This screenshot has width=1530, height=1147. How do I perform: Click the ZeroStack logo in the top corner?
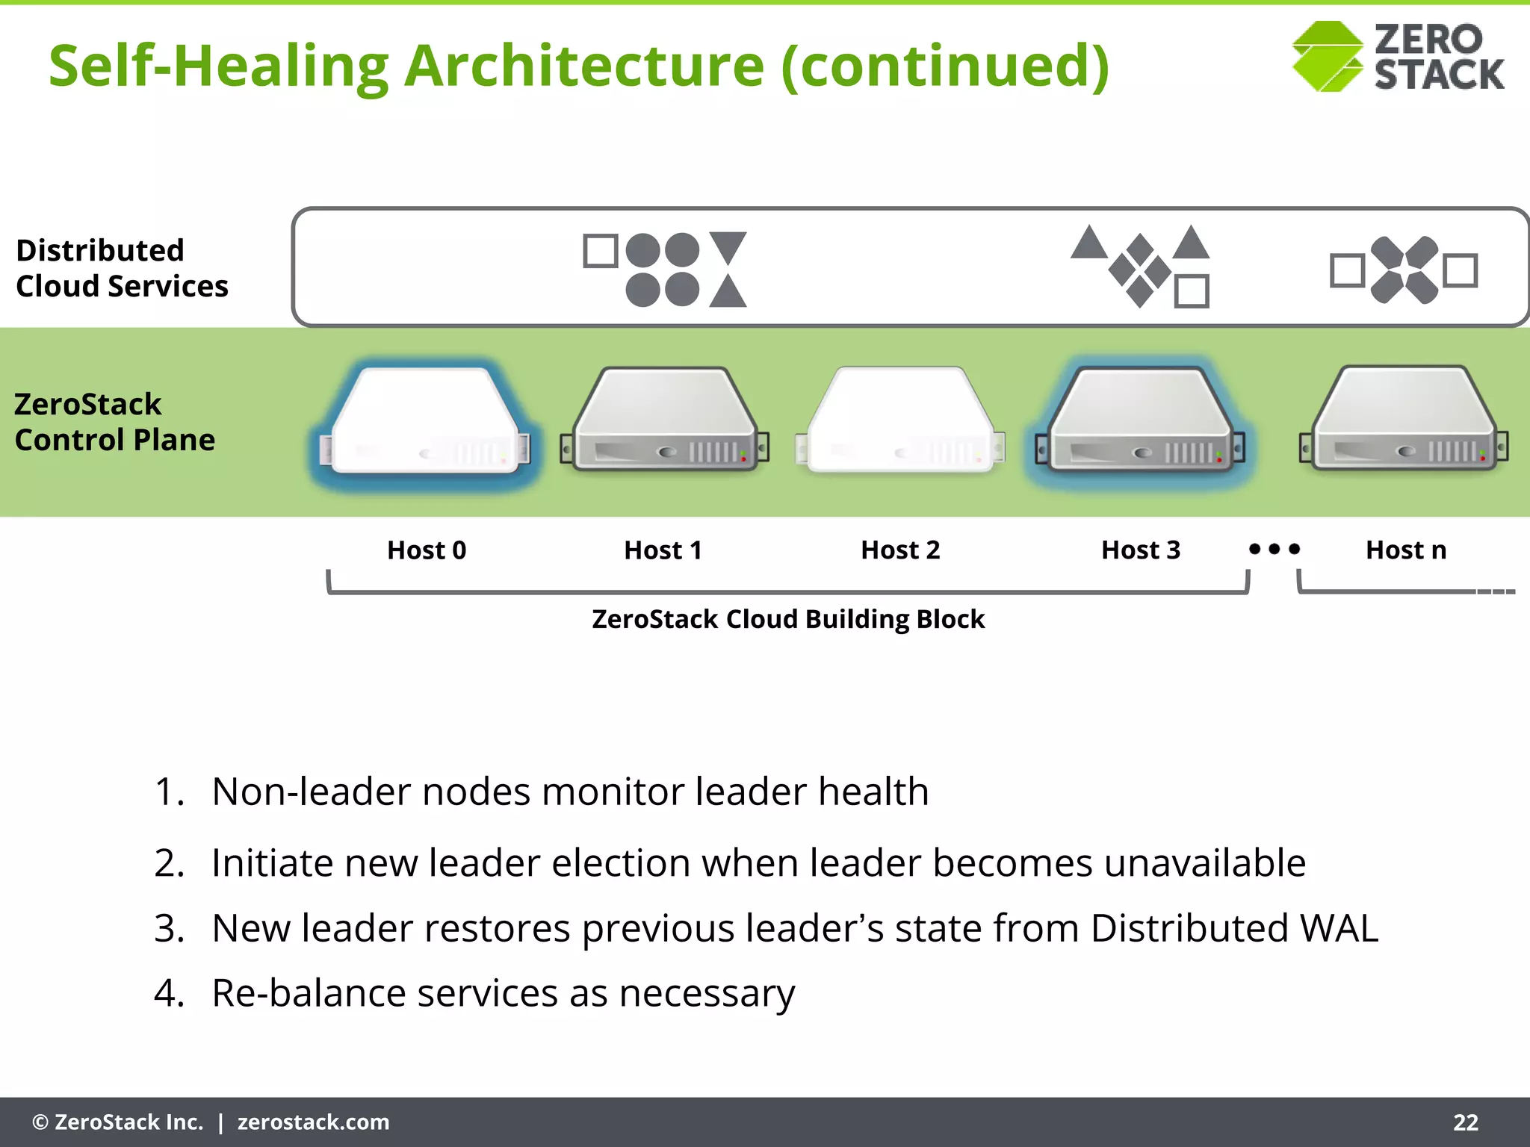coord(1397,57)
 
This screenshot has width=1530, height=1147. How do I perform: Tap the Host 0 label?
coord(427,550)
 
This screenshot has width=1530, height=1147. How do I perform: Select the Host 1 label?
coord(663,550)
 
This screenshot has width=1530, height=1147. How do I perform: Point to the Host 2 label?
coord(900,550)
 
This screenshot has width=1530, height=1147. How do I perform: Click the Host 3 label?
coord(1141,550)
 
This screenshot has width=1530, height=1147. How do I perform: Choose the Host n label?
coord(1405,550)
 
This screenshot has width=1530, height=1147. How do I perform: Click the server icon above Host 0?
coord(424,422)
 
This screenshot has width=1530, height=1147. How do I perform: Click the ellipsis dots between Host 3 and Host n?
coord(1275,549)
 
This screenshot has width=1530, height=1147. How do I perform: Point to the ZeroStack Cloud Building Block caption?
coord(788,619)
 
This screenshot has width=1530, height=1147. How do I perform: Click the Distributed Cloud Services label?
coord(122,268)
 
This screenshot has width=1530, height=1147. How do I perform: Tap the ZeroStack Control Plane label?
coord(114,422)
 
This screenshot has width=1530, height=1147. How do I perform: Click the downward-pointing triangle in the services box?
coord(728,246)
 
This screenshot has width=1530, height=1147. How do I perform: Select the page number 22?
coord(1465,1122)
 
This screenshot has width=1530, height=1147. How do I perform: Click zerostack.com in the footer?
coord(313,1122)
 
